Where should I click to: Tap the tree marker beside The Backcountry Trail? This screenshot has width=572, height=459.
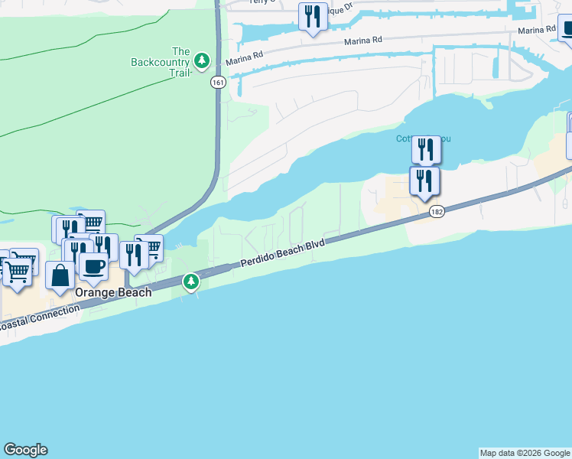click(202, 60)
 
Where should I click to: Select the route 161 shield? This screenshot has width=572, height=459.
click(218, 84)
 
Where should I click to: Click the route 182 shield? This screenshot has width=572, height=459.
click(437, 211)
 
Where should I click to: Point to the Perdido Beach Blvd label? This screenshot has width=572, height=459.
click(283, 252)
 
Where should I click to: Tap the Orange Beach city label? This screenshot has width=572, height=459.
click(112, 292)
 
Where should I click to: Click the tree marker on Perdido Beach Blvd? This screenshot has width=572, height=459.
click(191, 283)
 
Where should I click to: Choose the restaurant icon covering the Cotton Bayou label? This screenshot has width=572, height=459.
click(426, 148)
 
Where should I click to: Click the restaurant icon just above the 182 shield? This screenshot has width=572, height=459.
click(424, 181)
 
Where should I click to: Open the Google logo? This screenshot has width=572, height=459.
click(25, 450)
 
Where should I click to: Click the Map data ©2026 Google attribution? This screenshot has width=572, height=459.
click(525, 453)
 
